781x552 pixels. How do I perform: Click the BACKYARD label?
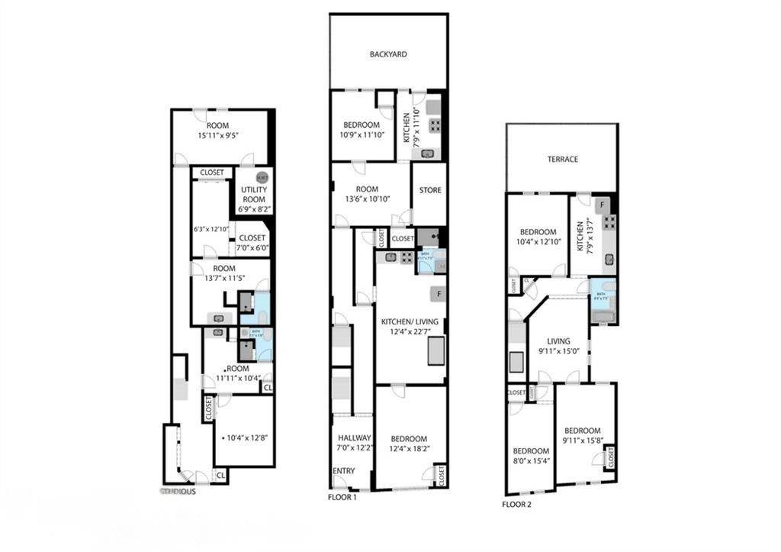coord(388,55)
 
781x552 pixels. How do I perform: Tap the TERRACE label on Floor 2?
coord(562,160)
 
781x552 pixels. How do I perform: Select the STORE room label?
coord(430,190)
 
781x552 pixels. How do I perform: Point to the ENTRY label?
coord(343,471)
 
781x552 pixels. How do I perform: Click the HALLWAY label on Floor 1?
coord(354,438)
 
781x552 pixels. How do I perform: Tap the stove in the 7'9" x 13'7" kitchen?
coord(609,222)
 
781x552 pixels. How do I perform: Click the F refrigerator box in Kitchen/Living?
coord(439,293)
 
